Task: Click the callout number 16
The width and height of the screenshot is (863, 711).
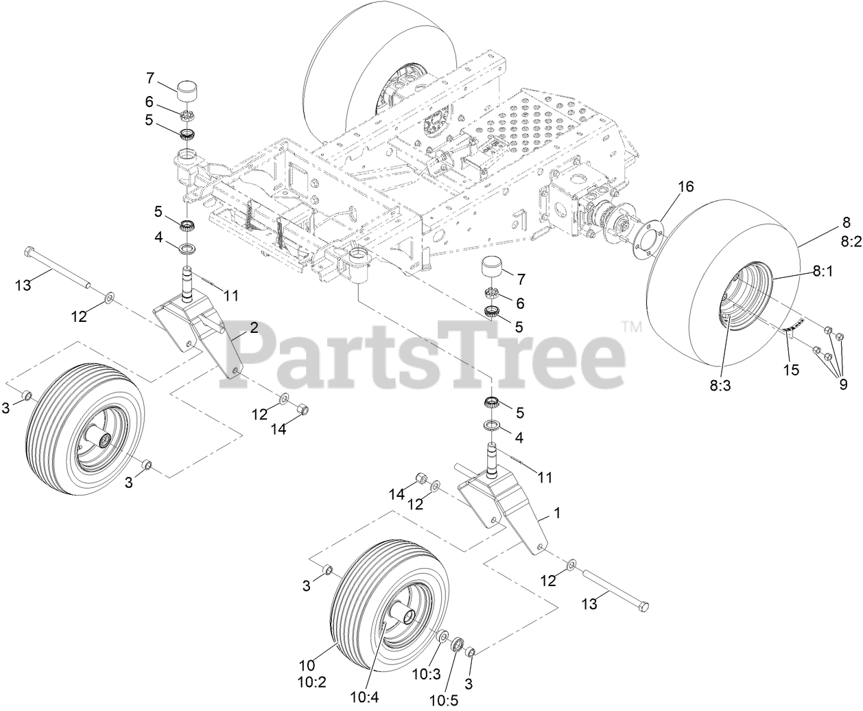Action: (686, 186)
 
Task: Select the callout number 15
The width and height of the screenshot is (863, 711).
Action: (792, 370)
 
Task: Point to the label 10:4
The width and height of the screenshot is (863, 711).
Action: (368, 697)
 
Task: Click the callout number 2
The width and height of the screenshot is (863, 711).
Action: (253, 328)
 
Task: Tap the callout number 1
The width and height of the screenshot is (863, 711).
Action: (557, 513)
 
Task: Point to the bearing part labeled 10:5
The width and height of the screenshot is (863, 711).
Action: (455, 646)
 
